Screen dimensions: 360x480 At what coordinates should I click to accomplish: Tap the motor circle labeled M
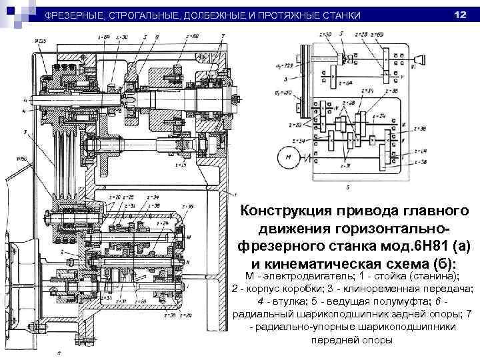[x=289, y=158]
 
